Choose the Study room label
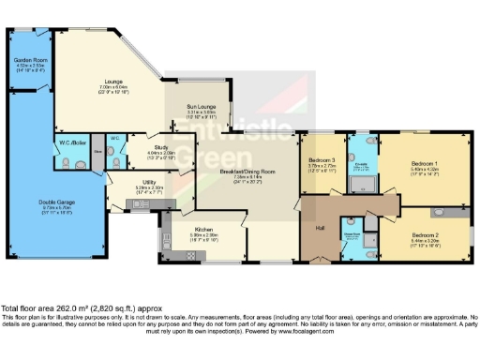pyautogui.click(x=160, y=150)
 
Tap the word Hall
pyautogui.click(x=319, y=228)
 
